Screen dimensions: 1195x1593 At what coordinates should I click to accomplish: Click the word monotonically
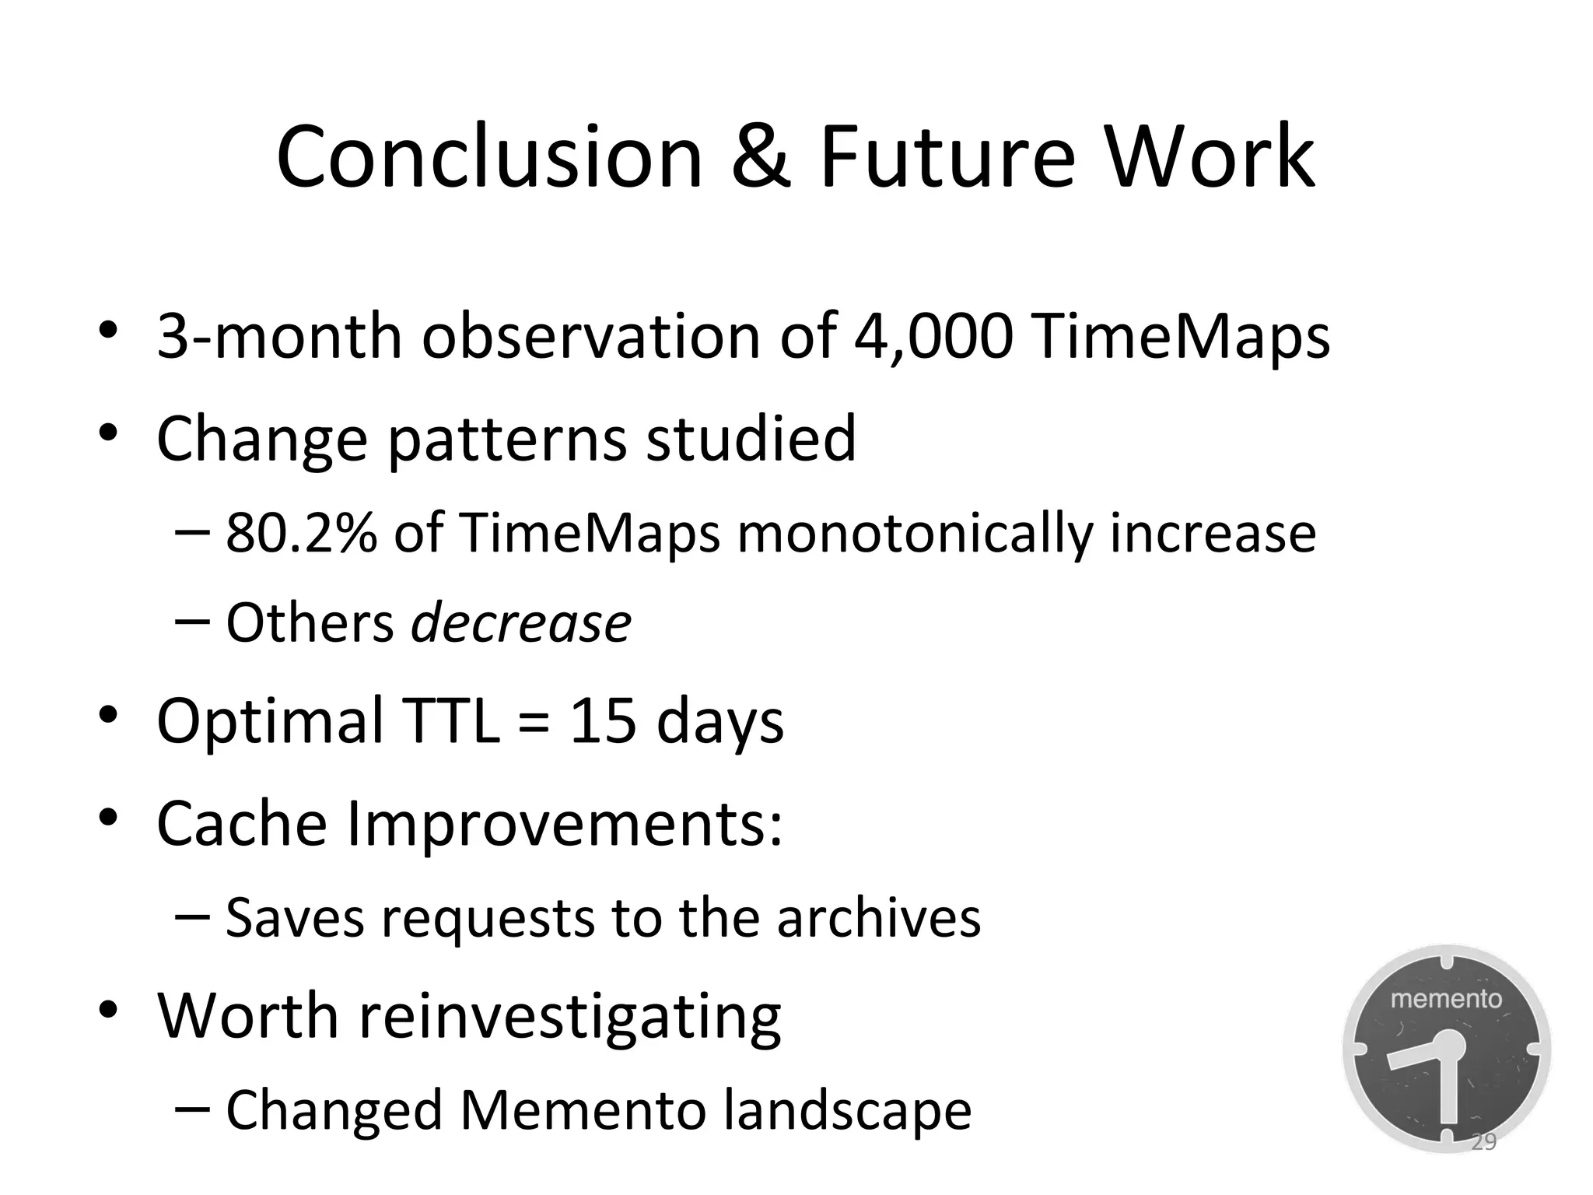(x=915, y=535)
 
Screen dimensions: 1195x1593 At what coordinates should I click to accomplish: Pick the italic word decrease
(x=520, y=623)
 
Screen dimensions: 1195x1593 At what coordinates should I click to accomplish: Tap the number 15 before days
(x=603, y=720)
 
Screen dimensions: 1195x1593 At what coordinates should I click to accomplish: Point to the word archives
(x=879, y=918)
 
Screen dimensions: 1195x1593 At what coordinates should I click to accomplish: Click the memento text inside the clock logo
(x=1446, y=999)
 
